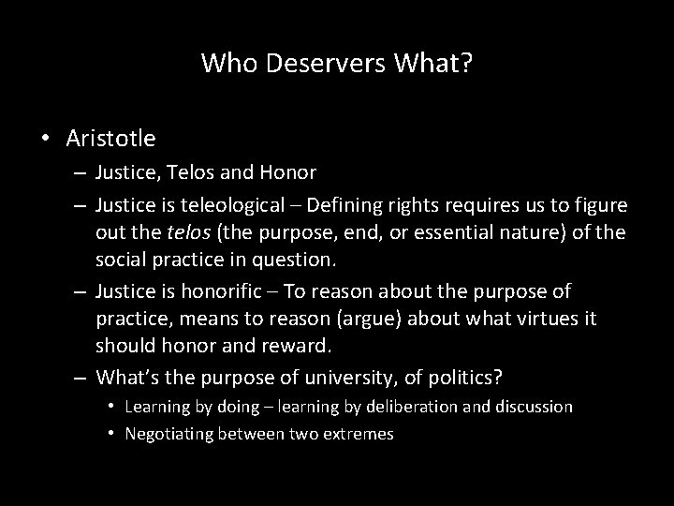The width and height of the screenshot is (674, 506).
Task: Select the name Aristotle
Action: point(111,139)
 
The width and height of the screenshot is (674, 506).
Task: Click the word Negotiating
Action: point(168,433)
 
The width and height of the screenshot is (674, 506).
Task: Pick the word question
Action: point(301,256)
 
